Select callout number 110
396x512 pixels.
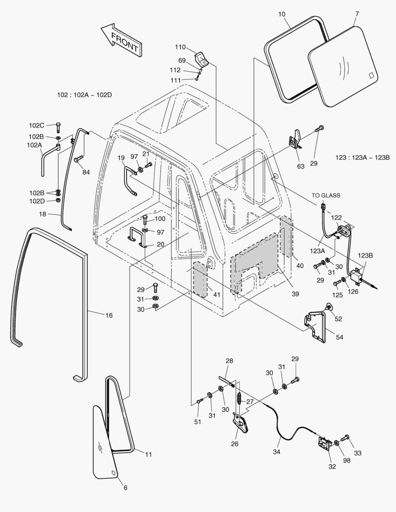pos(180,47)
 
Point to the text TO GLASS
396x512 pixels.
pos(325,195)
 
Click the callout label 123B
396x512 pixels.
pos(365,255)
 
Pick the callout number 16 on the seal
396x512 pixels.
pos(109,315)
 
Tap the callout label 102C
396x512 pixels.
pos(37,126)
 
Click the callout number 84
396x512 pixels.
pos(86,172)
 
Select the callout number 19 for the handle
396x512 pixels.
pos(121,157)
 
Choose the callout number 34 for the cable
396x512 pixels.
pos(276,452)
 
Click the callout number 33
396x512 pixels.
pos(357,453)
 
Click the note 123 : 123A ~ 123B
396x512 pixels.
pos(362,157)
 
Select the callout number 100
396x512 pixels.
pos(160,219)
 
